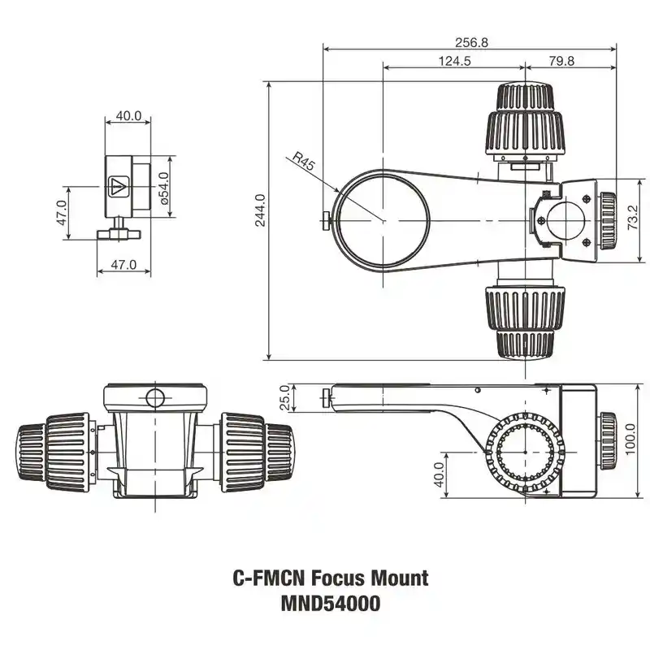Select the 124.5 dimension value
coord(454,62)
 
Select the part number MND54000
coord(330,604)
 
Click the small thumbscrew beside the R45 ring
coord(326,219)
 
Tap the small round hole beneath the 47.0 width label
coord(154,397)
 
